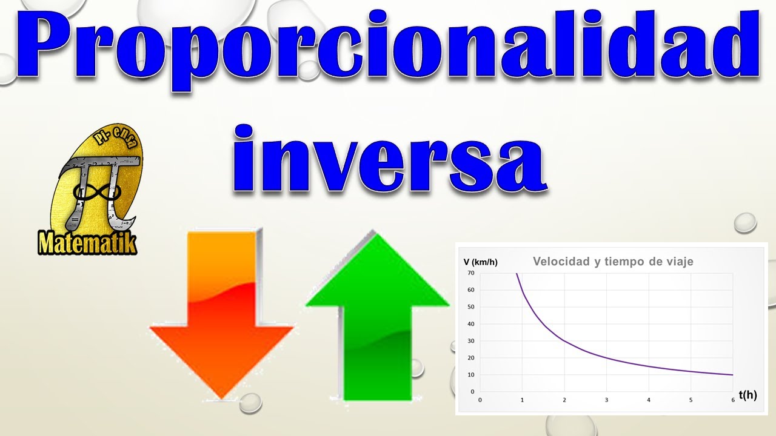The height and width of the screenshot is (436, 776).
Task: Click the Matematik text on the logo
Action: click(x=87, y=243)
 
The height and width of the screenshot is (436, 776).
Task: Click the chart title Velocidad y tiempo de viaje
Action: click(x=612, y=262)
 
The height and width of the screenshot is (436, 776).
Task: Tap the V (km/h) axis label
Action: click(x=480, y=262)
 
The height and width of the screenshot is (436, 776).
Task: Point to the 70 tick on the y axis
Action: click(x=470, y=273)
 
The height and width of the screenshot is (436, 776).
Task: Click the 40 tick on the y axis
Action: click(x=470, y=324)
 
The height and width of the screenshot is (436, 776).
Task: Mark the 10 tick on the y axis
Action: click(x=470, y=375)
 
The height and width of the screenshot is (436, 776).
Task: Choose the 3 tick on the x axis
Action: click(x=606, y=400)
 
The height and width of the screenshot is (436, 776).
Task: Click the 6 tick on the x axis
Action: click(x=732, y=400)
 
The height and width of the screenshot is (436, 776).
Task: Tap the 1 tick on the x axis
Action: click(x=522, y=400)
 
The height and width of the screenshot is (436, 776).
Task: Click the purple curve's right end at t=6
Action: click(x=732, y=375)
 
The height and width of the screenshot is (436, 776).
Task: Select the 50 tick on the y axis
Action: click(x=470, y=307)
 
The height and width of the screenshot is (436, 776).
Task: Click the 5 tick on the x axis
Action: click(x=691, y=400)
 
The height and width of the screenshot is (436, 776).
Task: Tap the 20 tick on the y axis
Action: click(x=470, y=358)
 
